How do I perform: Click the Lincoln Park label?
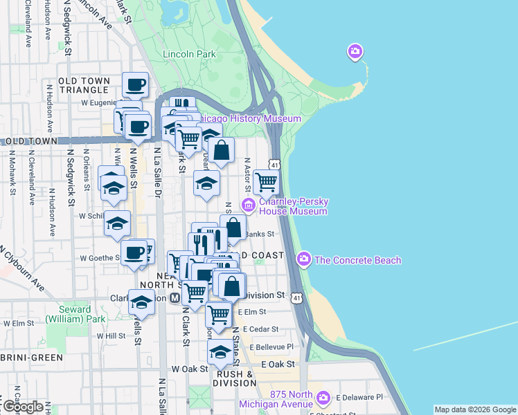click(189, 54)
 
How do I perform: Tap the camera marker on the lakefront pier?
click(355, 52)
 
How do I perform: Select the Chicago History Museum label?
click(253, 119)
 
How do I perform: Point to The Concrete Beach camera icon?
click(303, 260)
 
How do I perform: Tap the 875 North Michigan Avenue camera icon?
click(322, 398)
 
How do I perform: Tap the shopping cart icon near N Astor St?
click(267, 182)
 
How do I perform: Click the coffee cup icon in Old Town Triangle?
click(136, 85)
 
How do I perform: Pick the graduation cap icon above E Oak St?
click(220, 352)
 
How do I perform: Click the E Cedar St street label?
click(258, 329)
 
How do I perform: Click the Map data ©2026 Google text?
click(475, 409)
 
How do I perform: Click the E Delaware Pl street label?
click(359, 398)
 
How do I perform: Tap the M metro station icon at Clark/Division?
click(175, 297)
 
